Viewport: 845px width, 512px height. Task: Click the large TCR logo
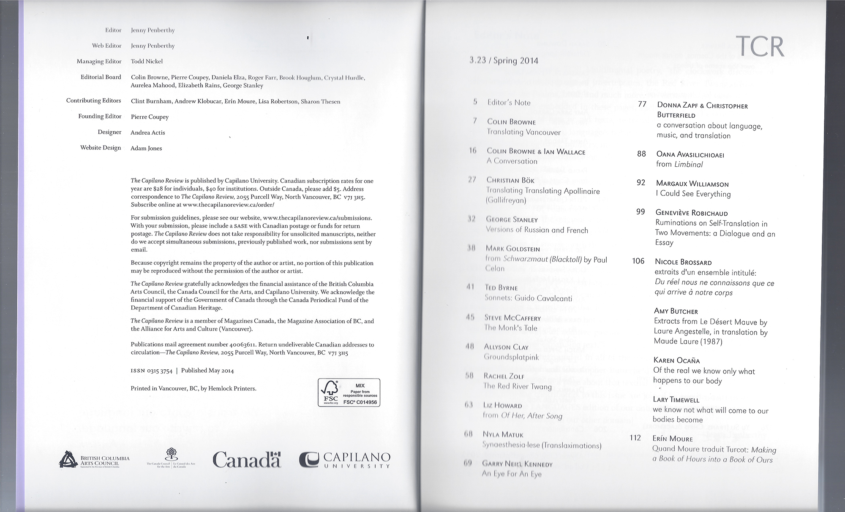click(x=760, y=47)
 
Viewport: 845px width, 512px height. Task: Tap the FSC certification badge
click(x=349, y=393)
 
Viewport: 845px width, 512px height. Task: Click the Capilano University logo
click(x=344, y=460)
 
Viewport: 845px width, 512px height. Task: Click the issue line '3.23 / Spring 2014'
click(x=504, y=60)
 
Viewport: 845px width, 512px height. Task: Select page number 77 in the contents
click(x=642, y=104)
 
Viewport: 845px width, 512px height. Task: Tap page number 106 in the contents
click(x=638, y=261)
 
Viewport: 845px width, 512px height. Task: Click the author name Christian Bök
click(x=510, y=180)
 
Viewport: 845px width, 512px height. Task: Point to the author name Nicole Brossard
click(x=683, y=262)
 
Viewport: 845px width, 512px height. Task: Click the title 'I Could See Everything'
click(x=693, y=194)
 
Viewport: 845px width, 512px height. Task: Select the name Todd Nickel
click(x=147, y=61)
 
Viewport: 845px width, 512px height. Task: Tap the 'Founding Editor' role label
click(x=100, y=116)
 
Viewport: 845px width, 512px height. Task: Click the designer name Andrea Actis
click(x=147, y=133)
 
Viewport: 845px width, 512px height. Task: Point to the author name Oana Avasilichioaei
click(x=690, y=154)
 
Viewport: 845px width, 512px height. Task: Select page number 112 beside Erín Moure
click(x=635, y=438)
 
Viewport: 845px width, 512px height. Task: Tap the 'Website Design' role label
click(x=101, y=148)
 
